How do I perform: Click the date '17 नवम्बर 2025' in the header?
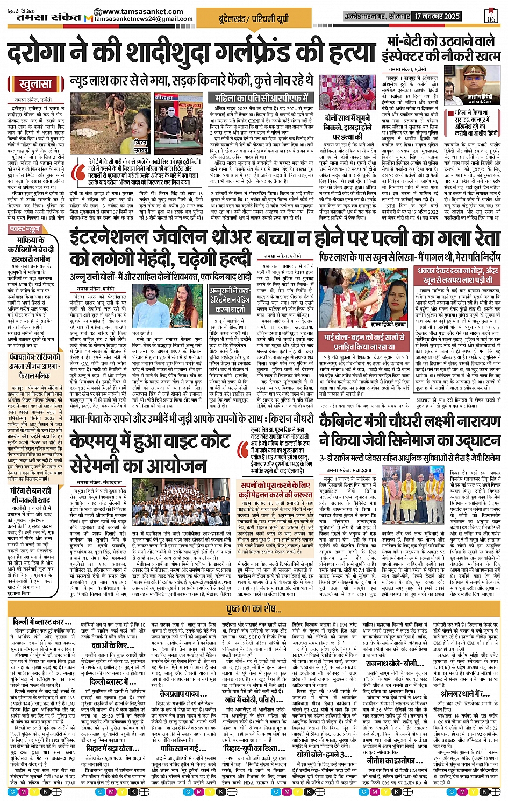437,17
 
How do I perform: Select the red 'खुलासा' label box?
35,85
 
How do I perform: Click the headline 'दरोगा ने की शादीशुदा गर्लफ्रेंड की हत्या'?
191,52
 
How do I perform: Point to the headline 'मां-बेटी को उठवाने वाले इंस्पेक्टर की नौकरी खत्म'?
443,48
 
